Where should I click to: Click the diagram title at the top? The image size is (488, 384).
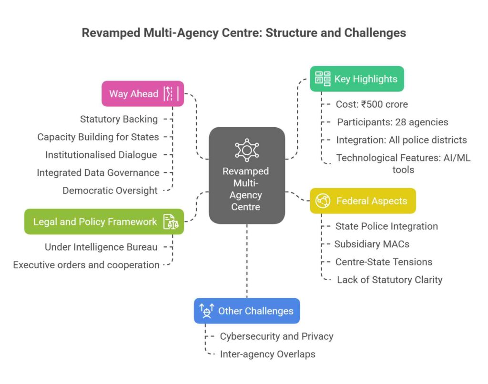(x=244, y=33)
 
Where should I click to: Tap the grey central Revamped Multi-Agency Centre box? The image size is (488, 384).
(x=247, y=175)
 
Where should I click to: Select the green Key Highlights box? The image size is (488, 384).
(x=356, y=79)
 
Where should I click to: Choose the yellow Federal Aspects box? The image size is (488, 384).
(x=363, y=201)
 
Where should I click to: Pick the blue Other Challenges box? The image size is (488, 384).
(x=246, y=311)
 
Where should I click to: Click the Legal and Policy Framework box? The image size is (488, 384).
(x=104, y=222)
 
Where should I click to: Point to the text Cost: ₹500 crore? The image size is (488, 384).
(x=372, y=104)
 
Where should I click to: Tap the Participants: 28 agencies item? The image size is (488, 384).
(x=392, y=122)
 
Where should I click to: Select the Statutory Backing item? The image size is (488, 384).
(x=119, y=119)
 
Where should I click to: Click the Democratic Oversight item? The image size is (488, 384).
(x=110, y=191)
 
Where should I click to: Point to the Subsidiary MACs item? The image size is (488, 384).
(x=372, y=244)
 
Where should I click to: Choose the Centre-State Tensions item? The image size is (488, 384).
(x=384, y=262)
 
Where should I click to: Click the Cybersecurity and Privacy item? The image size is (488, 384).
(x=276, y=336)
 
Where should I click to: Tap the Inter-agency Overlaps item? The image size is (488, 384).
(x=267, y=354)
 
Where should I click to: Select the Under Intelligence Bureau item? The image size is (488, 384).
(x=101, y=247)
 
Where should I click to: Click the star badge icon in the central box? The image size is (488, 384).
(x=247, y=151)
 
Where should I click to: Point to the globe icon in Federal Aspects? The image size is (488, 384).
(x=323, y=201)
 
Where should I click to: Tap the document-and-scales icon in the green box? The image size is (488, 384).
(x=171, y=222)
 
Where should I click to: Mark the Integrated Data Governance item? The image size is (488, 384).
(x=98, y=172)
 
